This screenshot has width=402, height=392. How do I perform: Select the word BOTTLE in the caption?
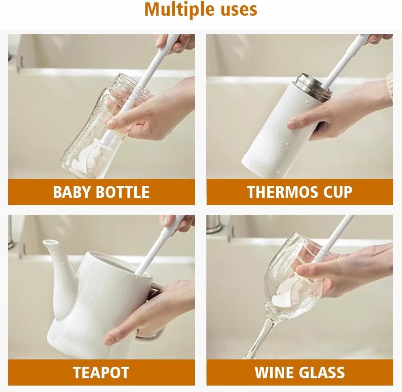pos(123,192)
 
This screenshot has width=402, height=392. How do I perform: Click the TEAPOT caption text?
pos(101,373)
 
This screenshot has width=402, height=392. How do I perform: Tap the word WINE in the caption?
pos(273,373)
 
